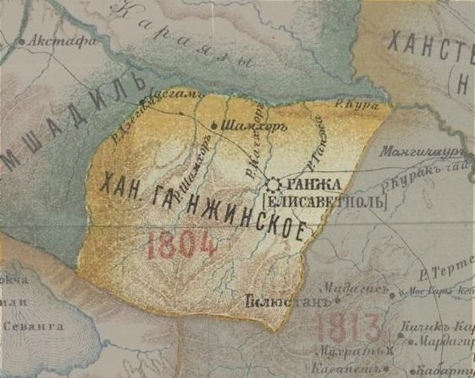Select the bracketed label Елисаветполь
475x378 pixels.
[x=324, y=202]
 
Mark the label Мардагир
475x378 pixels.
[x=447, y=342]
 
